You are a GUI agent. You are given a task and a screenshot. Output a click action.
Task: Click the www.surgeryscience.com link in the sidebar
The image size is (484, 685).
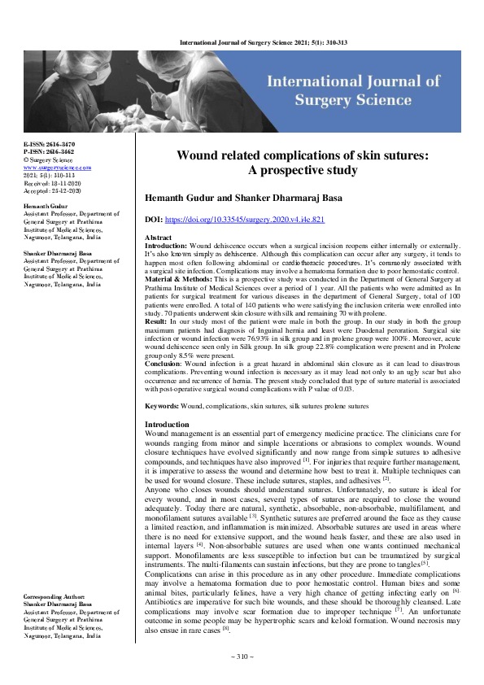point(57,167)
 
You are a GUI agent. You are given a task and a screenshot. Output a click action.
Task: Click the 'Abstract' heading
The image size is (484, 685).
point(158,236)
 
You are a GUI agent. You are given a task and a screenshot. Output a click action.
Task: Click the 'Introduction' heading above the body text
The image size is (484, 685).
point(166,425)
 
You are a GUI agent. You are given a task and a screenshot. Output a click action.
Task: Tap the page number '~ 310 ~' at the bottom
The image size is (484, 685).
point(242,655)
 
